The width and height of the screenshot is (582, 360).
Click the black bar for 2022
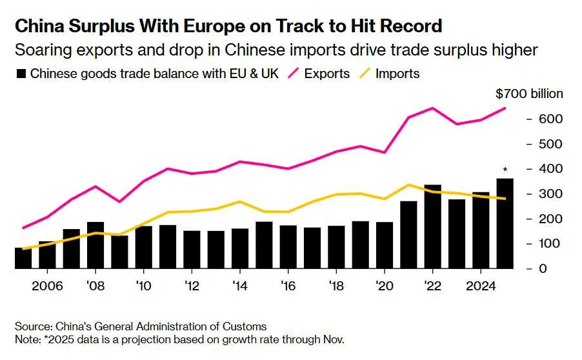pos(432,226)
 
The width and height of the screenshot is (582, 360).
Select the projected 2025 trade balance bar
pos(505,223)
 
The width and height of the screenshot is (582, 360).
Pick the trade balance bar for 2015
pos(264,245)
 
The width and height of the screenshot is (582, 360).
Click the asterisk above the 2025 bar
pos(505,170)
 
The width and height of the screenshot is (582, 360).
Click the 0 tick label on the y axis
pos(543,268)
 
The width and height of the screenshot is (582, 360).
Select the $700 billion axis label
pos(529,94)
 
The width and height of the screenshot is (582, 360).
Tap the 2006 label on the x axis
pos(47,286)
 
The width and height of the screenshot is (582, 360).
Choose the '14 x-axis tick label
pos(240,286)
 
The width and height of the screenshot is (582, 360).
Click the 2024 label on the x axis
pos(481,286)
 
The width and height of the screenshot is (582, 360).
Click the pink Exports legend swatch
pos(293,74)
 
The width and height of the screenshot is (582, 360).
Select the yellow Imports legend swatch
pos(365,74)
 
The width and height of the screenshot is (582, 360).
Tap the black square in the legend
pos(21,74)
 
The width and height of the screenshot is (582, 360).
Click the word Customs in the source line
pos(245,326)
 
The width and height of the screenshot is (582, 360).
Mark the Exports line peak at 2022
pos(432,108)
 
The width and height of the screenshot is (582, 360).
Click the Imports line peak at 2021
pos(408,185)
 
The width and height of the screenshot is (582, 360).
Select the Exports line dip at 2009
pos(119,201)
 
